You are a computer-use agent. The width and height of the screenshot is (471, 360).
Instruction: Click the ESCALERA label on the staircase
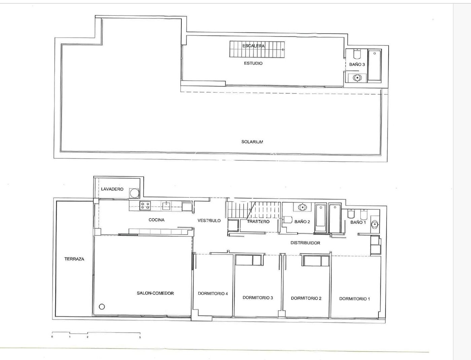tap(253, 46)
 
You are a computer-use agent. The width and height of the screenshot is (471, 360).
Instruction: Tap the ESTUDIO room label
tap(253, 63)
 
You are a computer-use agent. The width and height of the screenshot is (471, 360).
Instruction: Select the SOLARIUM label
tap(252, 142)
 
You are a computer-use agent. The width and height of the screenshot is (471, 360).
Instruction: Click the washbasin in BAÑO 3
tap(357, 78)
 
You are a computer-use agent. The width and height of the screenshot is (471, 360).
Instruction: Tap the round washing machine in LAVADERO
tap(134, 193)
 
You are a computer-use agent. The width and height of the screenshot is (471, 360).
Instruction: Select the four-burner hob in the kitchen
tap(145, 206)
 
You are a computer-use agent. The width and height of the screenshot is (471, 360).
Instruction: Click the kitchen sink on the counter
tap(166, 206)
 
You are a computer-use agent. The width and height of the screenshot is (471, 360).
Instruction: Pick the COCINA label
tap(156, 220)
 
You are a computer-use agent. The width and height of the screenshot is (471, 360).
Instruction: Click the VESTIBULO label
tap(209, 221)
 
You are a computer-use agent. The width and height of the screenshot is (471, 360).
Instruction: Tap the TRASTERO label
tap(258, 222)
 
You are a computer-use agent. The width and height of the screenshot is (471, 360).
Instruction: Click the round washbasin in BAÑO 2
tap(302, 207)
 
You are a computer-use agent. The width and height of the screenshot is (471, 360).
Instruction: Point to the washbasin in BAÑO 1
tap(375, 224)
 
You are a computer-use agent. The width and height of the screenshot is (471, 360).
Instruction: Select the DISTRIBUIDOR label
tap(305, 243)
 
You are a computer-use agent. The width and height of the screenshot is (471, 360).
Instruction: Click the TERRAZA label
tap(74, 259)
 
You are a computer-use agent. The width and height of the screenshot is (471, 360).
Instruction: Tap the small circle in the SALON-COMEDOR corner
tap(102, 307)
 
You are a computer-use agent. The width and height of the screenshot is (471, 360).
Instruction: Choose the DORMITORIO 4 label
tap(213, 293)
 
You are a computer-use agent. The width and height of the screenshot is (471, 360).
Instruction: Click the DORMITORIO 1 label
tap(355, 299)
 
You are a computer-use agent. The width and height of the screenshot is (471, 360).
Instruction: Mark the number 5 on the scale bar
tap(140, 337)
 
